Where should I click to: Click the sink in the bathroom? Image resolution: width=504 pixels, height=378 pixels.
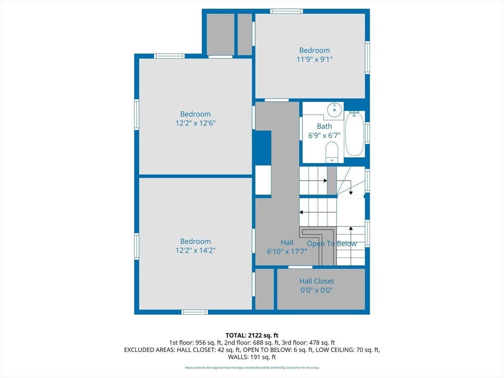click(x=335, y=110)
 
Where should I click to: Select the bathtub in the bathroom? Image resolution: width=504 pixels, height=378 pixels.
click(x=354, y=133)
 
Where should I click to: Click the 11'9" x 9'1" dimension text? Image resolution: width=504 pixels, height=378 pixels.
click(x=315, y=60)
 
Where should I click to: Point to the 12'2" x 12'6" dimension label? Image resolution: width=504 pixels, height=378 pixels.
click(x=195, y=123)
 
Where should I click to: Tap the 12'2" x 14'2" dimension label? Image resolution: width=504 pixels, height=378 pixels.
click(x=195, y=251)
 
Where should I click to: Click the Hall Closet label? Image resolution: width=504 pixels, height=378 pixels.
click(x=316, y=281)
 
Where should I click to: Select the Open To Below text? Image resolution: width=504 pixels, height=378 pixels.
click(x=332, y=244)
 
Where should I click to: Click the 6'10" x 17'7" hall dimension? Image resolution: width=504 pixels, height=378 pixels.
click(x=287, y=252)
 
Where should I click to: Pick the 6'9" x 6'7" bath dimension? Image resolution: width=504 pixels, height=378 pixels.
click(x=324, y=136)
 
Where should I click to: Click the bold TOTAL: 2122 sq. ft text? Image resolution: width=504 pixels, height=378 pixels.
click(x=252, y=336)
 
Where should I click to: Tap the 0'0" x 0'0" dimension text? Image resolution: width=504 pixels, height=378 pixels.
click(x=316, y=290)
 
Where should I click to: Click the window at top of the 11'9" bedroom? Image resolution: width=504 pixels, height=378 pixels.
click(x=286, y=11)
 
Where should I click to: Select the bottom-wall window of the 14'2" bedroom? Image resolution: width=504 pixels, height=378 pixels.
click(x=194, y=312)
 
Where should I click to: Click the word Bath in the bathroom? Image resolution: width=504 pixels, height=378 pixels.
click(x=324, y=126)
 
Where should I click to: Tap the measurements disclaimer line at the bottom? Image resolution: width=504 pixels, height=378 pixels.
click(x=252, y=367)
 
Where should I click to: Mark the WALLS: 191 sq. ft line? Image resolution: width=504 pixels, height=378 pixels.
click(x=252, y=357)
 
